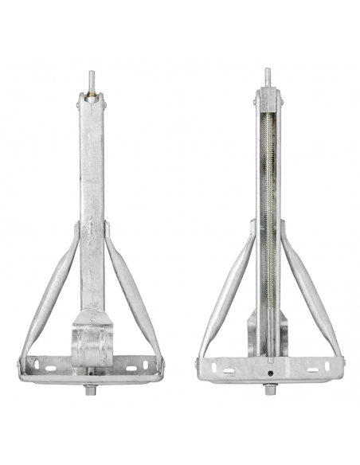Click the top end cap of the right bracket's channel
(x=267, y=100)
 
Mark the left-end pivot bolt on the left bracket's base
(x=23, y=366)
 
